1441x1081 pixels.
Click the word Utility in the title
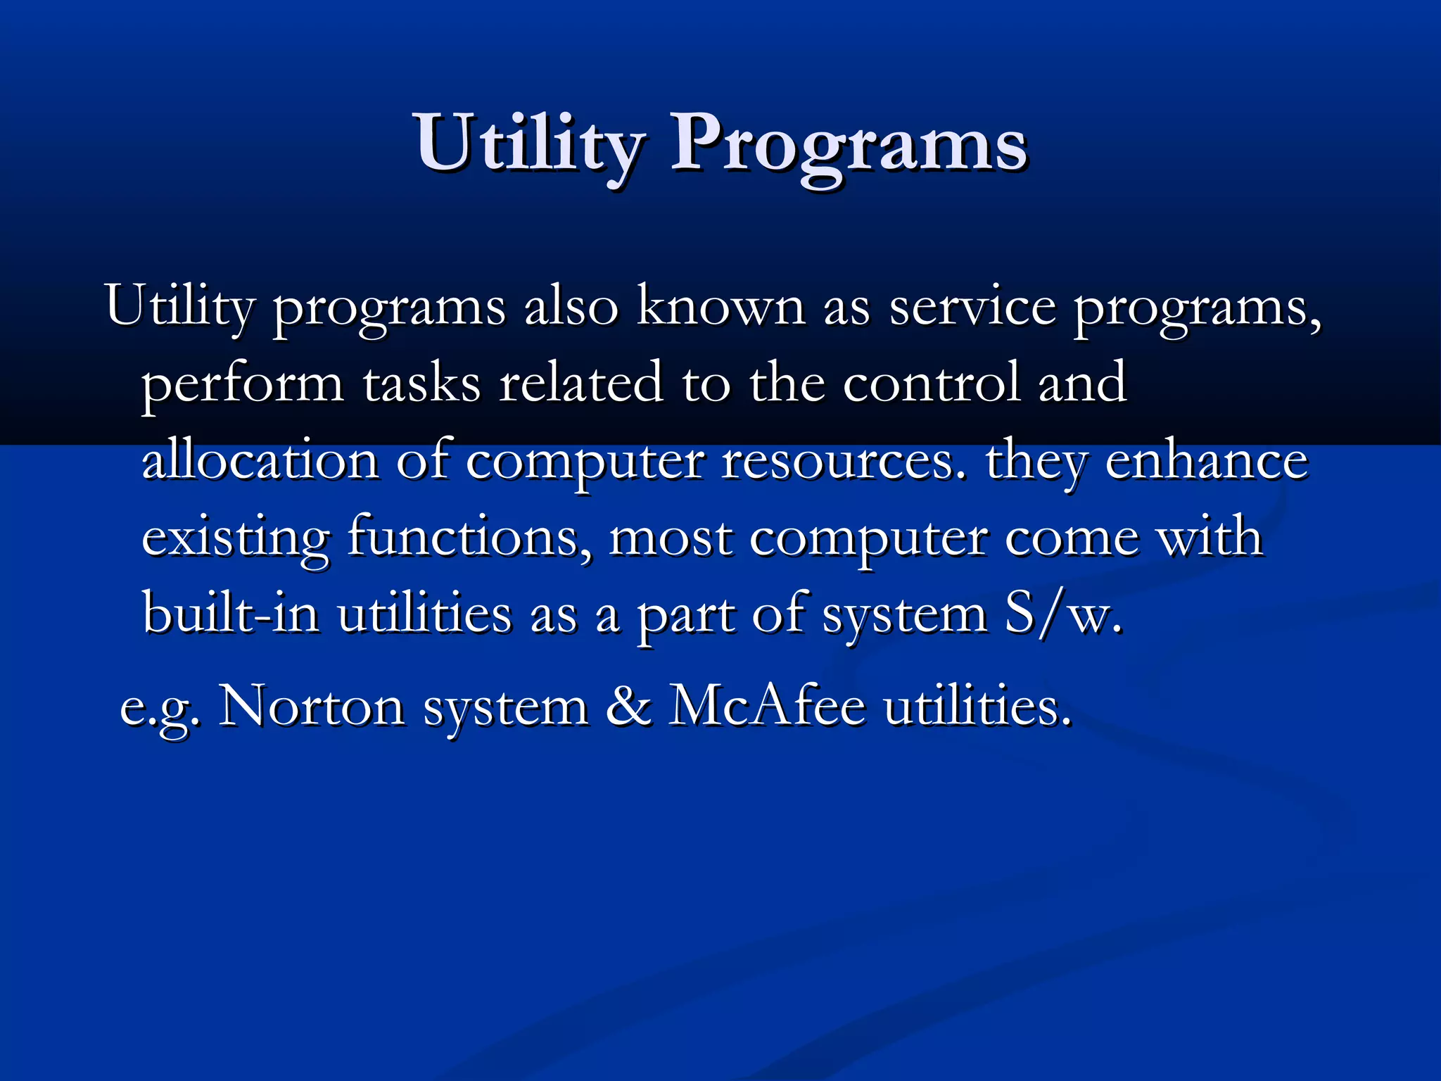[528, 144]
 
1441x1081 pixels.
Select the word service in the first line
[972, 308]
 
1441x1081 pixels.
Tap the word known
[720, 308]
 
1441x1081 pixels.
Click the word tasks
[421, 384]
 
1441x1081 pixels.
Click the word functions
[470, 538]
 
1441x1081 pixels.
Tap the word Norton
[311, 707]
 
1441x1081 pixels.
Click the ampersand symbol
[628, 707]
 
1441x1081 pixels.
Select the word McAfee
[767, 707]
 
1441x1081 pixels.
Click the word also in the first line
[571, 308]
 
